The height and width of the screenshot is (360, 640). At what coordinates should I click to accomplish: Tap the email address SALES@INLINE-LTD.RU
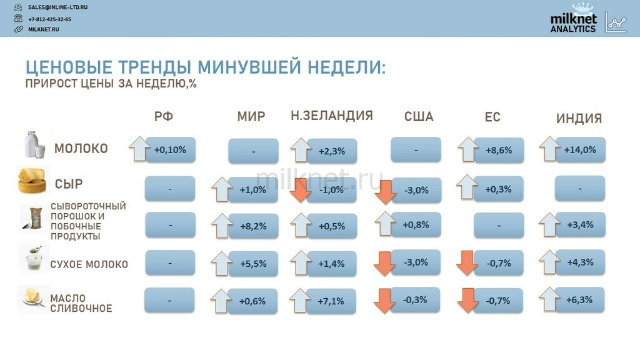click(57, 7)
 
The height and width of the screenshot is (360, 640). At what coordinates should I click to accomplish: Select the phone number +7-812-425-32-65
click(49, 19)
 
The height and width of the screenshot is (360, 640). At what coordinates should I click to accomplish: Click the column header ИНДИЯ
click(579, 118)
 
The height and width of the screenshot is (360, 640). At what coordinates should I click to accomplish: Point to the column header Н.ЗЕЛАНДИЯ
click(332, 116)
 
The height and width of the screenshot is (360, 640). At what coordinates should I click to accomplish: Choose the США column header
click(419, 117)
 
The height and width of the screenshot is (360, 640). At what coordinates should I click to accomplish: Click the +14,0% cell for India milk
click(580, 150)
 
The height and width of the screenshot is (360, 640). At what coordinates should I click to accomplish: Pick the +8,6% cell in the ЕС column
click(498, 150)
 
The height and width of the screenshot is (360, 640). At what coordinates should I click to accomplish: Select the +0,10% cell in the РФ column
click(170, 150)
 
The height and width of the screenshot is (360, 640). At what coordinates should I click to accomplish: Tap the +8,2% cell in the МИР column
click(253, 226)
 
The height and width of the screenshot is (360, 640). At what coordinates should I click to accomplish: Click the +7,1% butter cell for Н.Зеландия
click(331, 301)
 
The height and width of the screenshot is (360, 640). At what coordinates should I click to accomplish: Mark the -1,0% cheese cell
click(331, 190)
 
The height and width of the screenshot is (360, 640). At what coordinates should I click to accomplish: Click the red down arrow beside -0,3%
click(384, 301)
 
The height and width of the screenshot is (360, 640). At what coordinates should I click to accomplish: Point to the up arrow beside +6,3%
click(549, 299)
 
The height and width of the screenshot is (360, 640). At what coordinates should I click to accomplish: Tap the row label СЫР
click(69, 184)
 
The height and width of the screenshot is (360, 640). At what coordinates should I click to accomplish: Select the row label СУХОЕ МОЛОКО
click(89, 264)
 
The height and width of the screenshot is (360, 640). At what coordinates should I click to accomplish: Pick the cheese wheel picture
click(32, 180)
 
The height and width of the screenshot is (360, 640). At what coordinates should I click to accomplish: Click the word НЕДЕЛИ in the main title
click(346, 67)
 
